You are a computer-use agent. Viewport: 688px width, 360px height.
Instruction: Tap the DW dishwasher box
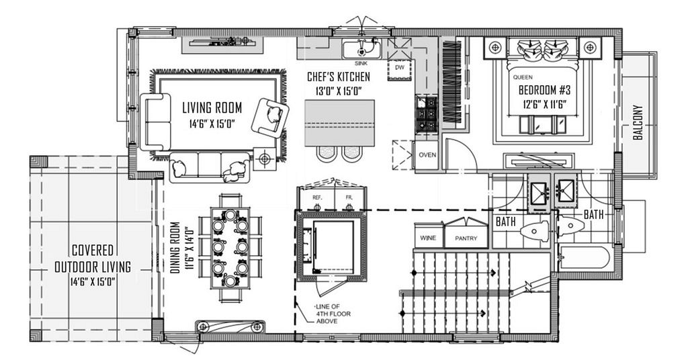(x=400, y=68)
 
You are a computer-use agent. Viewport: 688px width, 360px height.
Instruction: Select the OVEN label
(x=427, y=154)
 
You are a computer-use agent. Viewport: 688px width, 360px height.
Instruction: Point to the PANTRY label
(x=466, y=238)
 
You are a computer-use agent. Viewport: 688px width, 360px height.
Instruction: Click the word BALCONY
(x=638, y=122)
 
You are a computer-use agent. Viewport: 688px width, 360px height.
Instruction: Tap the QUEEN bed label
(x=523, y=77)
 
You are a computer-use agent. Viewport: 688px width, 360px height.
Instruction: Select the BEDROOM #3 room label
(x=544, y=90)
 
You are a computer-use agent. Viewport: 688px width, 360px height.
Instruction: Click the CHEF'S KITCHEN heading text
(x=339, y=77)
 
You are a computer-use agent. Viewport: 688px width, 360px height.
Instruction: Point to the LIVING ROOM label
(x=212, y=107)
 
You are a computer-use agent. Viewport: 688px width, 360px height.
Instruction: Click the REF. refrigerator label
(x=317, y=197)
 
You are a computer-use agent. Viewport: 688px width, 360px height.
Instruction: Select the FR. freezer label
(x=349, y=197)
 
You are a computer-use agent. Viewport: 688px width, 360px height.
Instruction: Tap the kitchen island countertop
(x=339, y=123)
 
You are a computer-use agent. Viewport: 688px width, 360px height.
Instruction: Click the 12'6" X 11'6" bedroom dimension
(x=544, y=104)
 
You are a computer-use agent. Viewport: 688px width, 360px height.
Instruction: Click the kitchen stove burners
(x=426, y=114)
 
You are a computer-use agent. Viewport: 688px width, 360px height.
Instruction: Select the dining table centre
(x=230, y=248)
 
